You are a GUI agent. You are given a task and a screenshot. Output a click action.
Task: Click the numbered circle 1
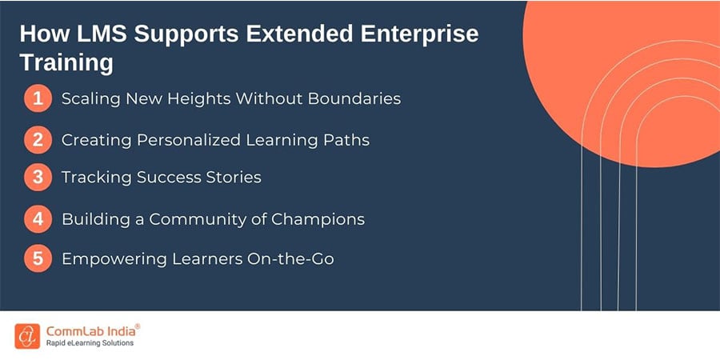38,100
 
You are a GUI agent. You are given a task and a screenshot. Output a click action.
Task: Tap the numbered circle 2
38,140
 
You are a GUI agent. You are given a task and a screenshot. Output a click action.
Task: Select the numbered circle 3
38,178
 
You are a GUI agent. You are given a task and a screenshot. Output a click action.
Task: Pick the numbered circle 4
38,219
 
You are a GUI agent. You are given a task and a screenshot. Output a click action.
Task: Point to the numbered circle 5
38,259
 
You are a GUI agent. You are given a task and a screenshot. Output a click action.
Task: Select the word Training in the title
66,62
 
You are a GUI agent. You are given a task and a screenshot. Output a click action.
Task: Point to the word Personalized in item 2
194,140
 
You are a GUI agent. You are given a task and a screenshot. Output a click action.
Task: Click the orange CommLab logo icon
27,335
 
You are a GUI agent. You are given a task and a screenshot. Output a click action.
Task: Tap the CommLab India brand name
92,330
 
